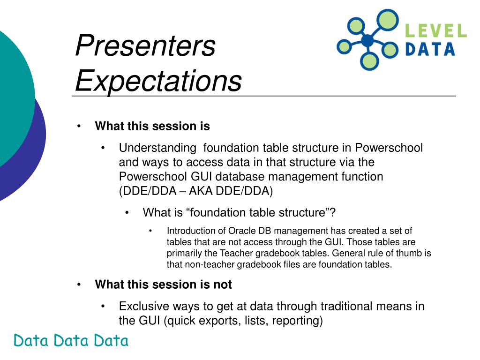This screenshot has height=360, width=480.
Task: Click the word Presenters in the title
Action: click(145, 45)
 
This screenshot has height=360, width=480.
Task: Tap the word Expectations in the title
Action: click(158, 81)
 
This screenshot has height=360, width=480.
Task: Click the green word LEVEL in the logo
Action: click(435, 31)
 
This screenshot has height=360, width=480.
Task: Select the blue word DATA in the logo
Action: click(430, 49)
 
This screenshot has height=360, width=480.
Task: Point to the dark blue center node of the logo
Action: click(367, 40)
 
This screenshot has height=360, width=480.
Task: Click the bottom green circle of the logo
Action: click(370, 61)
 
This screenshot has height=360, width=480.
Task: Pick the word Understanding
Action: click(157, 148)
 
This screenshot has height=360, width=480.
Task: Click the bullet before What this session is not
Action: click(79, 285)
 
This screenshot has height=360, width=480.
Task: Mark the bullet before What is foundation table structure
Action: click(127, 212)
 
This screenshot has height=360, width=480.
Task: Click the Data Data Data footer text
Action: click(71, 341)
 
